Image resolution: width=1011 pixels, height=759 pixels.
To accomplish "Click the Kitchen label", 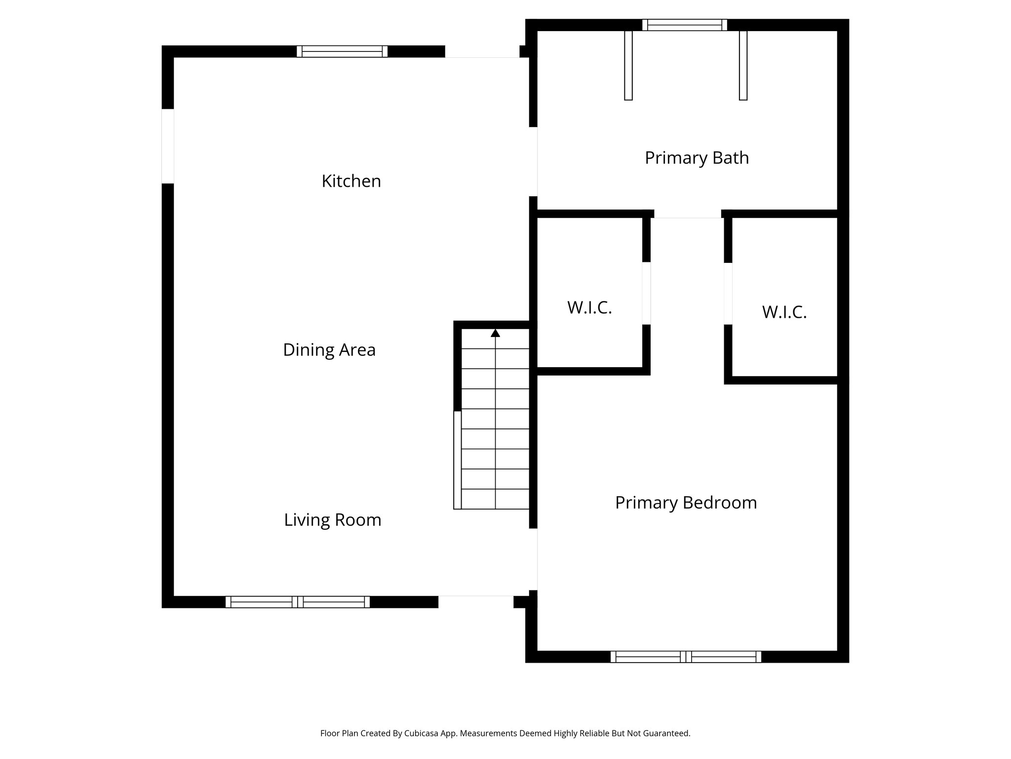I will point(351,181).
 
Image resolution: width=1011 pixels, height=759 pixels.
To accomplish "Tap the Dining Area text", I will point(329,350).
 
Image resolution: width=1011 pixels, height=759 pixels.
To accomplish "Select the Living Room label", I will point(332,520).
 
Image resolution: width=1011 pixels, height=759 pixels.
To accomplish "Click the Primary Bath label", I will point(697,158).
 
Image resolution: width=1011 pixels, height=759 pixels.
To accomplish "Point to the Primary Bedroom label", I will point(686,503).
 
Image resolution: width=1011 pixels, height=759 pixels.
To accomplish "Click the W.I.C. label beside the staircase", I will point(589,308).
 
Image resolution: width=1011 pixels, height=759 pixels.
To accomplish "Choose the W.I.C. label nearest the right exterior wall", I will point(784,312).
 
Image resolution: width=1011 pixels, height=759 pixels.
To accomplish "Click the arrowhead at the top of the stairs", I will point(495,334).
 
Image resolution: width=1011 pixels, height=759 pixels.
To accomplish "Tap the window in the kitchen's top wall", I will point(342,51).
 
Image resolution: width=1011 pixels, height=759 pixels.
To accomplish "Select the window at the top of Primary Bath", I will point(685,25).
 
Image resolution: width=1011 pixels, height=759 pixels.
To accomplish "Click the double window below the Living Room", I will point(298,602).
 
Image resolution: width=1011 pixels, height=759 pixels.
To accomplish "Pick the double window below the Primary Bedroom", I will point(686,657).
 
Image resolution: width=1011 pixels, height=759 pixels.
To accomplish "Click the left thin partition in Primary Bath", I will point(628,65).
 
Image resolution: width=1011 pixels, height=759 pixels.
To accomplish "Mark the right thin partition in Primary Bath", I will point(743,65).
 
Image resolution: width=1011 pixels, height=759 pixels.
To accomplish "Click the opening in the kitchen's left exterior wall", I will point(168,146).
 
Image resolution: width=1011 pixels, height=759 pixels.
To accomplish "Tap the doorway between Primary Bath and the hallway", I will point(687,215).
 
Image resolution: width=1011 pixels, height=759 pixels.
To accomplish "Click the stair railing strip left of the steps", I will point(458,460).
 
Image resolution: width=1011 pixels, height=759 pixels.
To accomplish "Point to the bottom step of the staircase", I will point(495,499).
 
